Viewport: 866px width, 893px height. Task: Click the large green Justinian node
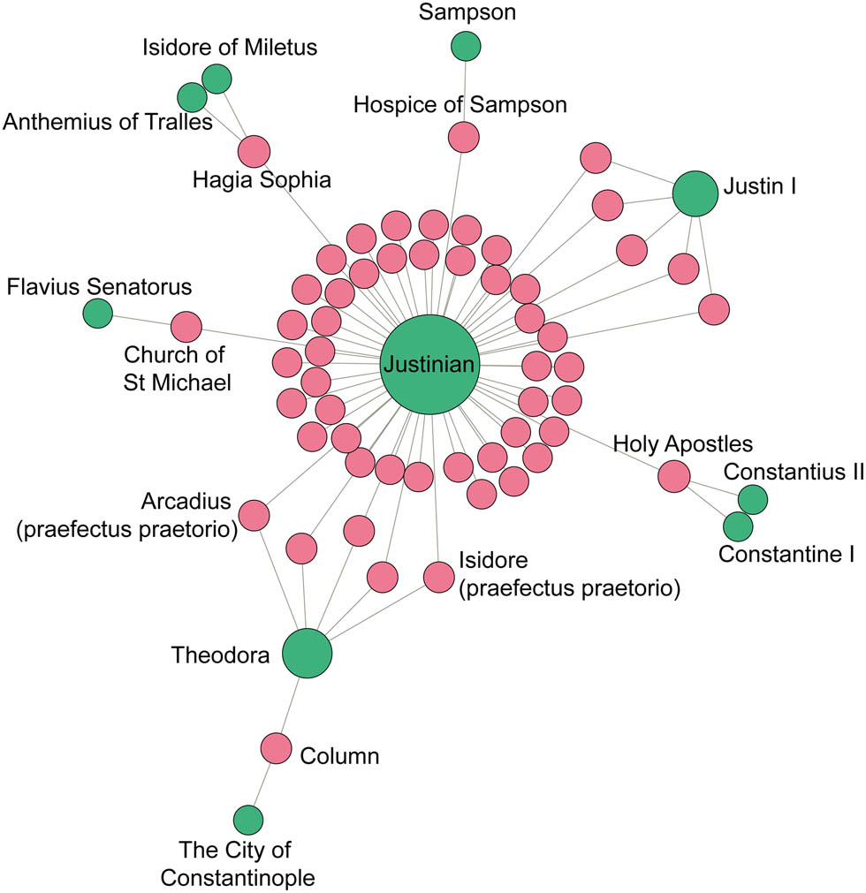429,364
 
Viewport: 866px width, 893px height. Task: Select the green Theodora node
307,654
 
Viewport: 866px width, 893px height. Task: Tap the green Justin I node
696,193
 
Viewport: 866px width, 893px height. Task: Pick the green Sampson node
466,46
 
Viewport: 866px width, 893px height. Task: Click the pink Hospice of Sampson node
463,137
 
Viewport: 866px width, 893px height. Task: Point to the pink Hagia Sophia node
254,150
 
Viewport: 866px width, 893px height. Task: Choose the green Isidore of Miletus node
216,79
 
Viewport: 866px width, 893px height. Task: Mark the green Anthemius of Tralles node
191,96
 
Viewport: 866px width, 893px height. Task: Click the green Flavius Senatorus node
97,312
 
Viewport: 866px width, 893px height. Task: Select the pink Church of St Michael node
186,327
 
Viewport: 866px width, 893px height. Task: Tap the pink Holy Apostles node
673,475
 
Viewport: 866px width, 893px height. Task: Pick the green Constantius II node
753,499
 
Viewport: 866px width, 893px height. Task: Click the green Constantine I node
737,527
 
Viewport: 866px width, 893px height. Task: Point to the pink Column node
277,748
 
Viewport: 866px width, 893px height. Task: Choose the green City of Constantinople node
247,820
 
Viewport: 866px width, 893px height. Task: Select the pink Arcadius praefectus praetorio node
254,515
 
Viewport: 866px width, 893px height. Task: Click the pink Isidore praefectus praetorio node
438,577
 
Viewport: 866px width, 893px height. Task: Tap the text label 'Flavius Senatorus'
99,286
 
